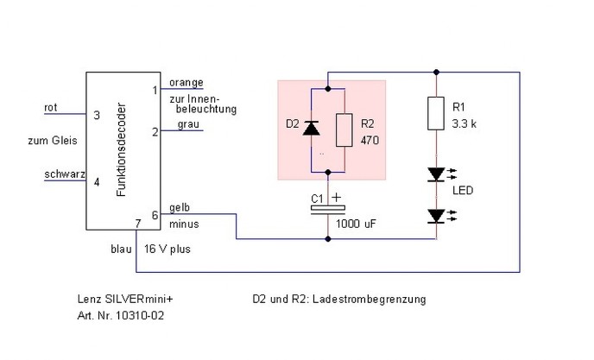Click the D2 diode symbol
tap(312, 128)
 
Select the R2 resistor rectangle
tap(344, 130)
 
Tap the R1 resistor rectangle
tap(436, 113)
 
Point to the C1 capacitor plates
tap(328, 211)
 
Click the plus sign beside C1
tap(336, 197)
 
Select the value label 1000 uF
tap(356, 224)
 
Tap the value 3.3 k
tap(464, 124)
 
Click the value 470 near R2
tap(370, 141)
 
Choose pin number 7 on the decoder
tap(138, 224)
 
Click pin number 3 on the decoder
tap(97, 115)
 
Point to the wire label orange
tap(186, 83)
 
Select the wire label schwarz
tap(65, 174)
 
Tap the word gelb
tap(180, 208)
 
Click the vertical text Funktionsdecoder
tap(121, 149)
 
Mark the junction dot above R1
tap(436, 72)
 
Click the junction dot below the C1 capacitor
tap(328, 239)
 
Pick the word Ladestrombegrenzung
tap(370, 300)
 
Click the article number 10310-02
tap(140, 316)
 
